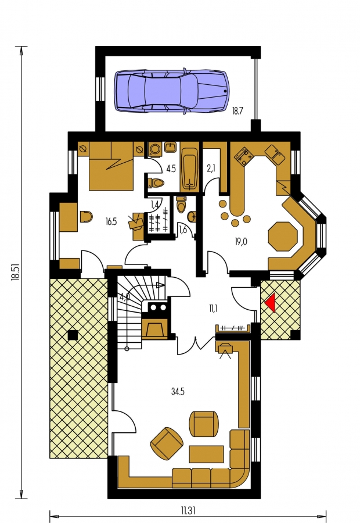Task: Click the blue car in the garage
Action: [x=172, y=91]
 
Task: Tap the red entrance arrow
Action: [x=271, y=303]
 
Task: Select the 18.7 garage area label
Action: [x=237, y=111]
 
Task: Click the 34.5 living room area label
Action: [x=178, y=392]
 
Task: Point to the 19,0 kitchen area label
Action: [x=240, y=242]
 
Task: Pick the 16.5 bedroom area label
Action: [x=111, y=221]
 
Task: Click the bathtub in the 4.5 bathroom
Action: [x=189, y=170]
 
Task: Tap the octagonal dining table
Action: [x=283, y=237]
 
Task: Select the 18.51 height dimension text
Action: [x=15, y=271]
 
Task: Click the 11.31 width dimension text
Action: [x=188, y=510]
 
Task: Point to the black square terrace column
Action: [x=73, y=335]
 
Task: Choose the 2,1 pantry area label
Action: [x=211, y=169]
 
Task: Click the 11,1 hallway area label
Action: [x=213, y=309]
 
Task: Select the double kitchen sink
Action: [x=275, y=154]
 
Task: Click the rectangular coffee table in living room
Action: [x=206, y=454]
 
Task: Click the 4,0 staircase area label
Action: [x=125, y=297]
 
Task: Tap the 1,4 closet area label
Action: [x=154, y=205]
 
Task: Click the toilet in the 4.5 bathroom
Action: [x=156, y=183]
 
